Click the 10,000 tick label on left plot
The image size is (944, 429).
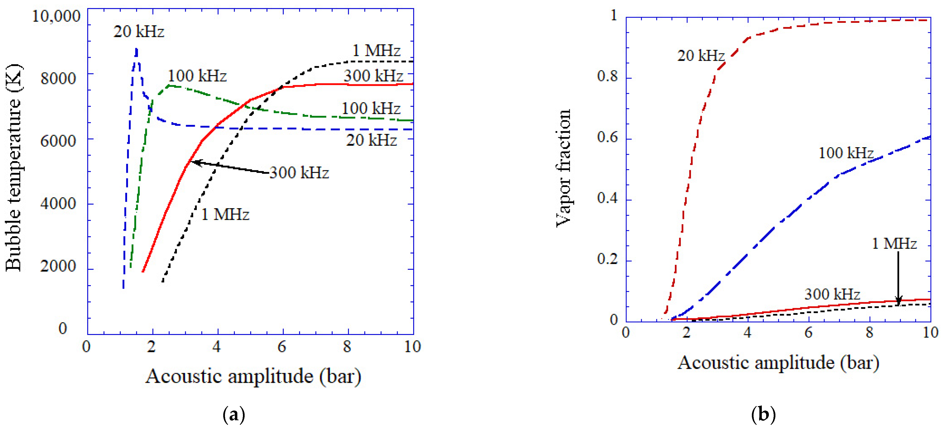coord(56,16)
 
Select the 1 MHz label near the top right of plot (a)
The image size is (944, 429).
coord(376,51)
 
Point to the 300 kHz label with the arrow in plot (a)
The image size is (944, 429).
coord(299,172)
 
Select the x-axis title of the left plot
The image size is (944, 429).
coord(253,376)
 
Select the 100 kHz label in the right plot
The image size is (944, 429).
coord(846,153)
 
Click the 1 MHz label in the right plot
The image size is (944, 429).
coord(894,244)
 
